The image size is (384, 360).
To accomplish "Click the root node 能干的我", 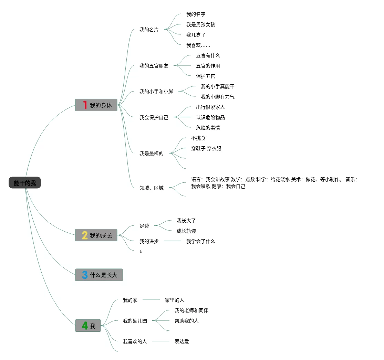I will pos(25,183).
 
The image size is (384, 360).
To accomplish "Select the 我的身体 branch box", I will pos(96,105).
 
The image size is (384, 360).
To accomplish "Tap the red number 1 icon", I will pos(85,105).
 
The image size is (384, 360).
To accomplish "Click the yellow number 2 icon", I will pos(85,235).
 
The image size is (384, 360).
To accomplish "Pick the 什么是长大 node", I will pos(99,275).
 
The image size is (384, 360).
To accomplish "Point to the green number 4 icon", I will pos(85,326).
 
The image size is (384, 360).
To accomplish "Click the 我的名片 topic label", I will pos(149,30).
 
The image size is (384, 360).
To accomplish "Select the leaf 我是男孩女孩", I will pos(200,24).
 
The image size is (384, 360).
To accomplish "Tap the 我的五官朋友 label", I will pos(154,66).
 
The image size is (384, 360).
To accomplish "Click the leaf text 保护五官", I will pos(205,76).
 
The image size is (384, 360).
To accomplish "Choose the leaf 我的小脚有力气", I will pos(217,97).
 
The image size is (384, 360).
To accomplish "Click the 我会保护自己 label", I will pos(154,117).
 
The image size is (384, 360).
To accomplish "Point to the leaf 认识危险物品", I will pos(210,117).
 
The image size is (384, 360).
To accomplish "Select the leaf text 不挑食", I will pos(198,138).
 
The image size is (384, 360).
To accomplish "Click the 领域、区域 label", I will pos(151,188).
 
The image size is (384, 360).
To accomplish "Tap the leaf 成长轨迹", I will pos(186,231).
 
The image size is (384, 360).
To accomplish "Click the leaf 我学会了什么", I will pos(200,241).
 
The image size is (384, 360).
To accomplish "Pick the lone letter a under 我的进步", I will pos(141,251).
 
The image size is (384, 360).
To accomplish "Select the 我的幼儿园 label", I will pos(135,321).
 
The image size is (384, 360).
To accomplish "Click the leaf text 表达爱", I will pos(181,341).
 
